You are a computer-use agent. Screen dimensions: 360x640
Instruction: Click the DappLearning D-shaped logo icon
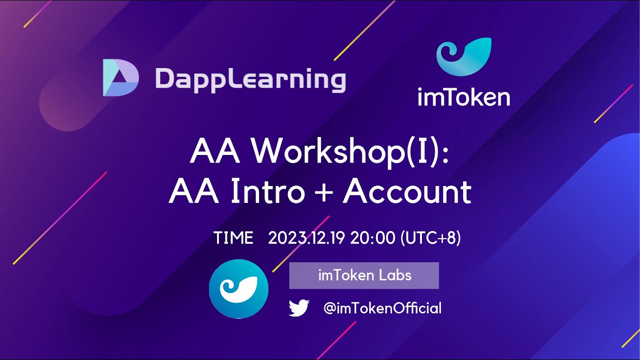click(x=120, y=77)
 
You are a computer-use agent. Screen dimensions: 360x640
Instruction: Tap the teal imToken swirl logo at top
click(x=463, y=56)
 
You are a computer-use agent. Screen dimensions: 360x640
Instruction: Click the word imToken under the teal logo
click(x=463, y=97)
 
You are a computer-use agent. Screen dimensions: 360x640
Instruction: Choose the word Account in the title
click(x=407, y=191)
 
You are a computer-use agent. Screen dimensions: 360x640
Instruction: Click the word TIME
click(x=233, y=238)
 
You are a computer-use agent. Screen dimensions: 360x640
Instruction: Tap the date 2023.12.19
click(x=306, y=238)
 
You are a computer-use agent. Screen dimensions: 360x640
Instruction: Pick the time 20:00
click(x=372, y=238)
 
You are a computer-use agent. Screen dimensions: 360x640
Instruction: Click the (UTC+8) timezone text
click(x=430, y=238)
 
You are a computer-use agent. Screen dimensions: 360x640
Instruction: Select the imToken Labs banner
click(x=364, y=275)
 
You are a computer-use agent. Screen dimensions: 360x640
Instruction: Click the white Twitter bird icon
click(x=299, y=308)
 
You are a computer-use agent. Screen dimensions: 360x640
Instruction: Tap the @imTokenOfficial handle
click(x=382, y=308)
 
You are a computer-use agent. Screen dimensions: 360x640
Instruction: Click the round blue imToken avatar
click(x=238, y=289)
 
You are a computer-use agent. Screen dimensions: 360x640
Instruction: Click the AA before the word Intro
click(x=193, y=191)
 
